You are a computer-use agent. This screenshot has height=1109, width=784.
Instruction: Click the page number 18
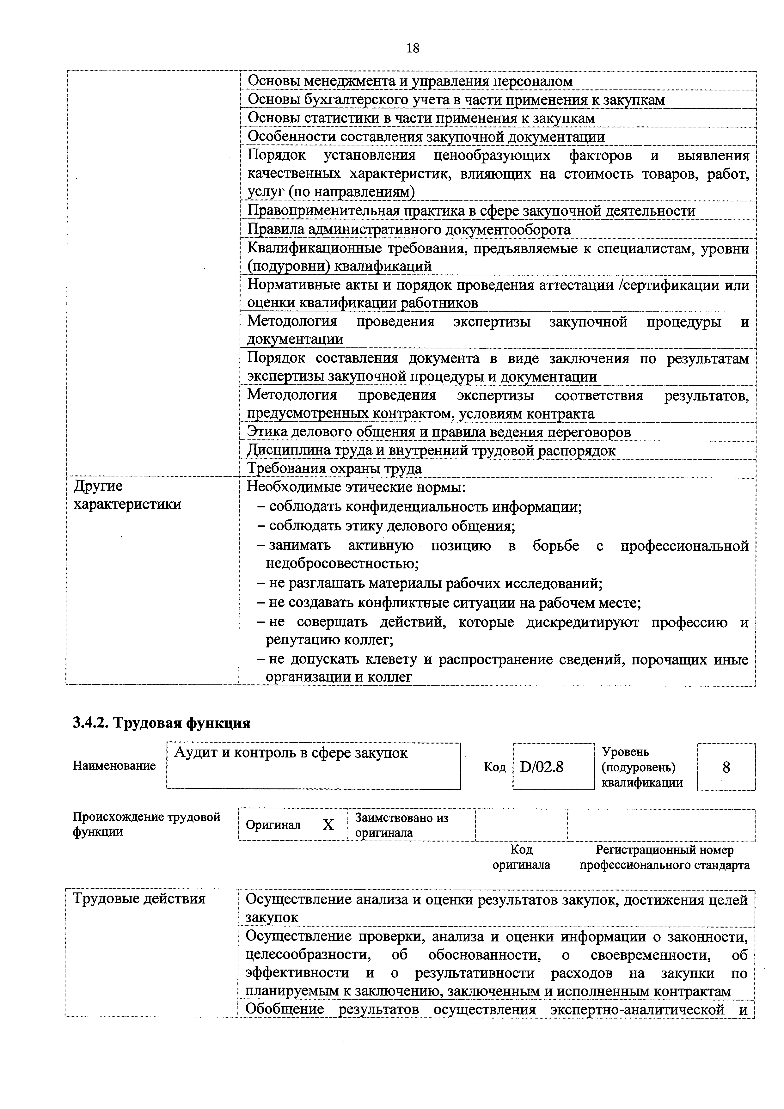pos(413,48)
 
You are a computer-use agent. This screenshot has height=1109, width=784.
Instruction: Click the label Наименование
pos(114,766)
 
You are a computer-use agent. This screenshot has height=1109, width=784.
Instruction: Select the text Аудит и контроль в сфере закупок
pos(291,753)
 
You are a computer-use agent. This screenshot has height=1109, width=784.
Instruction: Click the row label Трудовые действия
pos(139,899)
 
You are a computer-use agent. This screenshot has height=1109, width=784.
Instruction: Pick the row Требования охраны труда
pos(334,469)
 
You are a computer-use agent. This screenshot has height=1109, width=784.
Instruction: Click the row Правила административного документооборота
pos(409,230)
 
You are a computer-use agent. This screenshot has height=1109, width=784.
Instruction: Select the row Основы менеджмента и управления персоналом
pos(410,81)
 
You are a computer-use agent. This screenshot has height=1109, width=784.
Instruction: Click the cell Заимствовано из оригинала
pos(401,825)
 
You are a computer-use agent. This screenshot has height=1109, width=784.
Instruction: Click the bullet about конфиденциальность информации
pos(425,507)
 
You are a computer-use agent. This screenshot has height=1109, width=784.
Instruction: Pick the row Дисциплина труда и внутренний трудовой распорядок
pos(432,451)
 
